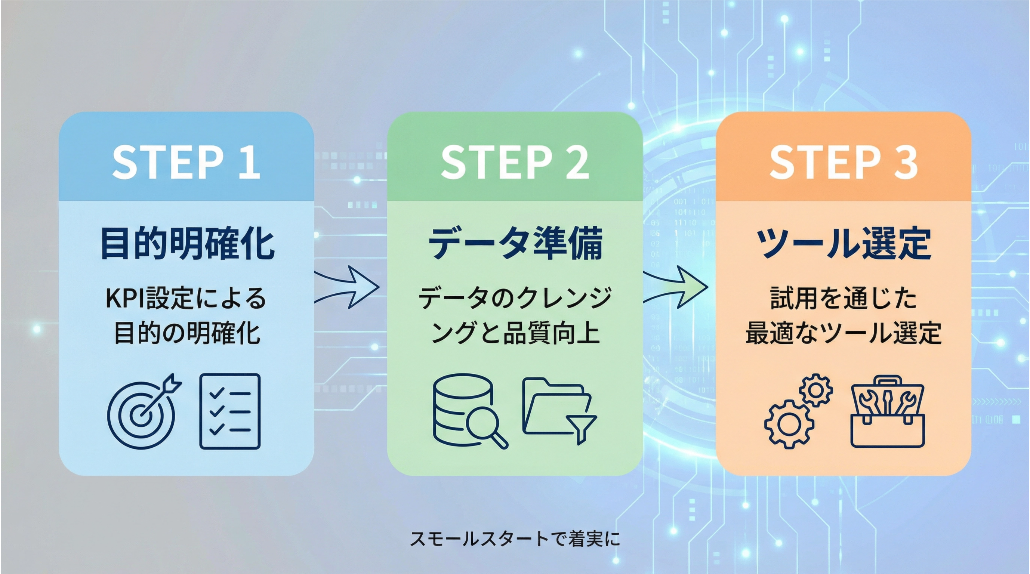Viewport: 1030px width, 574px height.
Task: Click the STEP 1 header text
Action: click(x=186, y=162)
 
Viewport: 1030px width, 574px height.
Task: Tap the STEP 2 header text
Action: click(x=515, y=162)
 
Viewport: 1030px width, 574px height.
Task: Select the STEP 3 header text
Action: click(x=843, y=162)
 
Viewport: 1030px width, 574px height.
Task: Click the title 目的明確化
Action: click(x=187, y=243)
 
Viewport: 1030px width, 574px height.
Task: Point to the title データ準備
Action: click(x=515, y=243)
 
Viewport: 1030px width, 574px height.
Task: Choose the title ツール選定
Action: click(x=843, y=243)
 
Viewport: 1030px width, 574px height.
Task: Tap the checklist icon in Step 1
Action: click(x=230, y=412)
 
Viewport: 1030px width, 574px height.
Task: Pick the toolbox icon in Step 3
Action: click(x=888, y=412)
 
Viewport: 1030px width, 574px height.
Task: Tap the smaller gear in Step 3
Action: click(x=816, y=390)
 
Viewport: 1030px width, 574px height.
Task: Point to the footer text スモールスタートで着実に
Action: click(x=515, y=538)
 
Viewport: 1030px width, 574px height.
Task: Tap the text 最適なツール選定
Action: click(x=843, y=333)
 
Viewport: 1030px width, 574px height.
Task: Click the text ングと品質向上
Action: click(x=515, y=333)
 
